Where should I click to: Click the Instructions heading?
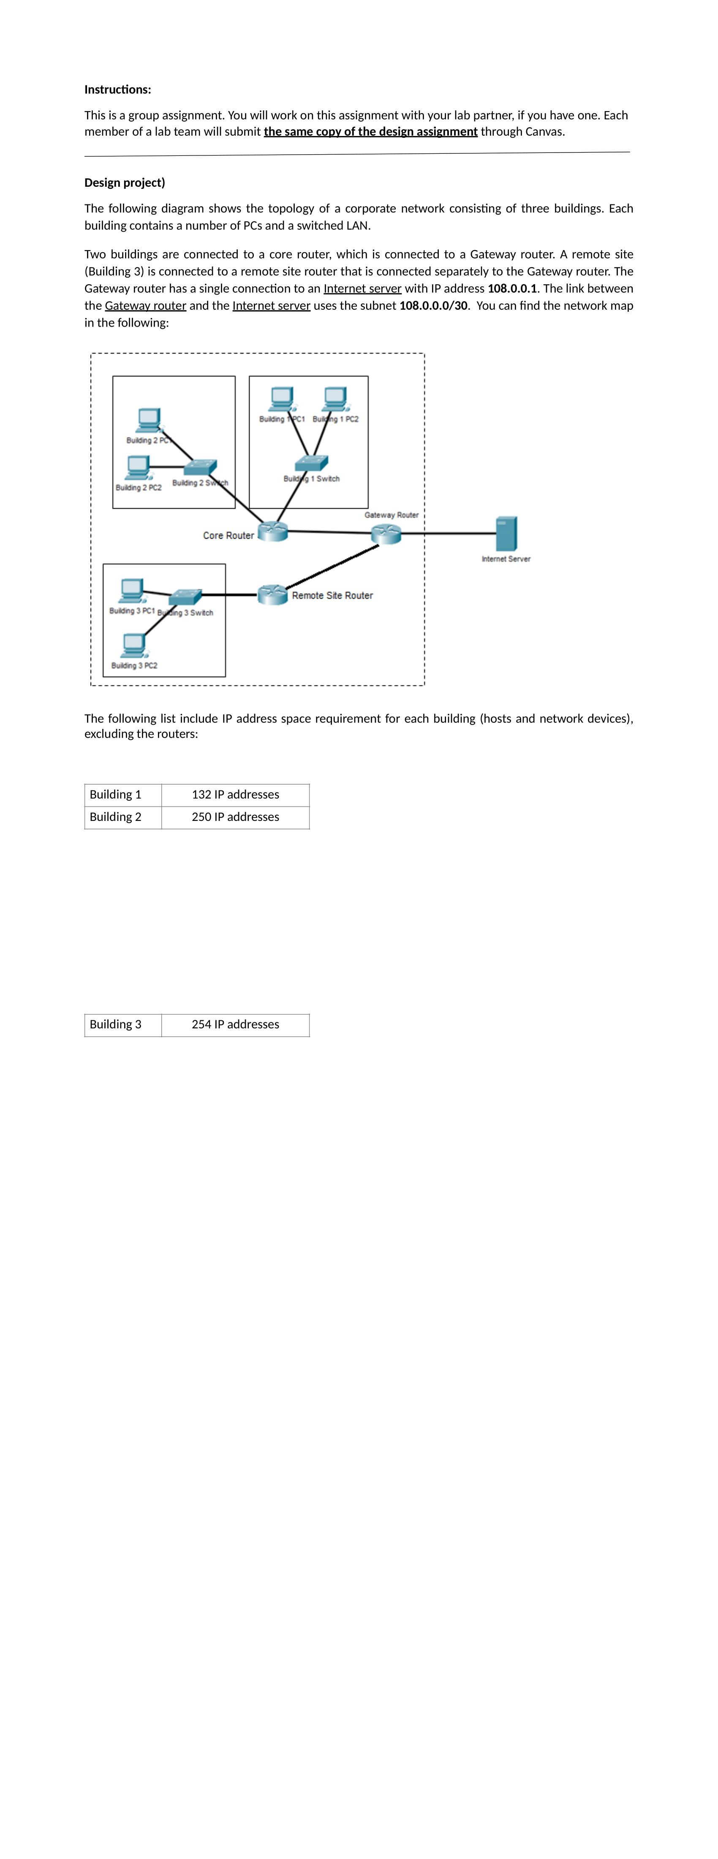pyautogui.click(x=117, y=90)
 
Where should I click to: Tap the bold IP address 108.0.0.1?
pyautogui.click(x=512, y=289)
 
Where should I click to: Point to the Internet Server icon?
pyautogui.click(x=506, y=534)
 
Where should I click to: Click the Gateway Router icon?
pyautogui.click(x=386, y=534)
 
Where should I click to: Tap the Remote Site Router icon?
pyautogui.click(x=273, y=594)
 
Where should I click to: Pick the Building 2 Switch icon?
pyautogui.click(x=201, y=468)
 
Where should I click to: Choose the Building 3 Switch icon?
pyautogui.click(x=185, y=597)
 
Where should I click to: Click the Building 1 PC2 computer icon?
pyautogui.click(x=335, y=398)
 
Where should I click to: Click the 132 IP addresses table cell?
pyautogui.click(x=235, y=795)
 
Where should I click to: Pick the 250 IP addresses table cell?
pyautogui.click(x=235, y=817)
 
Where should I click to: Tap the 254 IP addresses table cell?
pyautogui.click(x=235, y=1025)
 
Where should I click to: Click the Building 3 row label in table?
pyautogui.click(x=115, y=1025)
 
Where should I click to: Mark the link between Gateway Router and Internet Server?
pyautogui.click(x=447, y=533)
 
